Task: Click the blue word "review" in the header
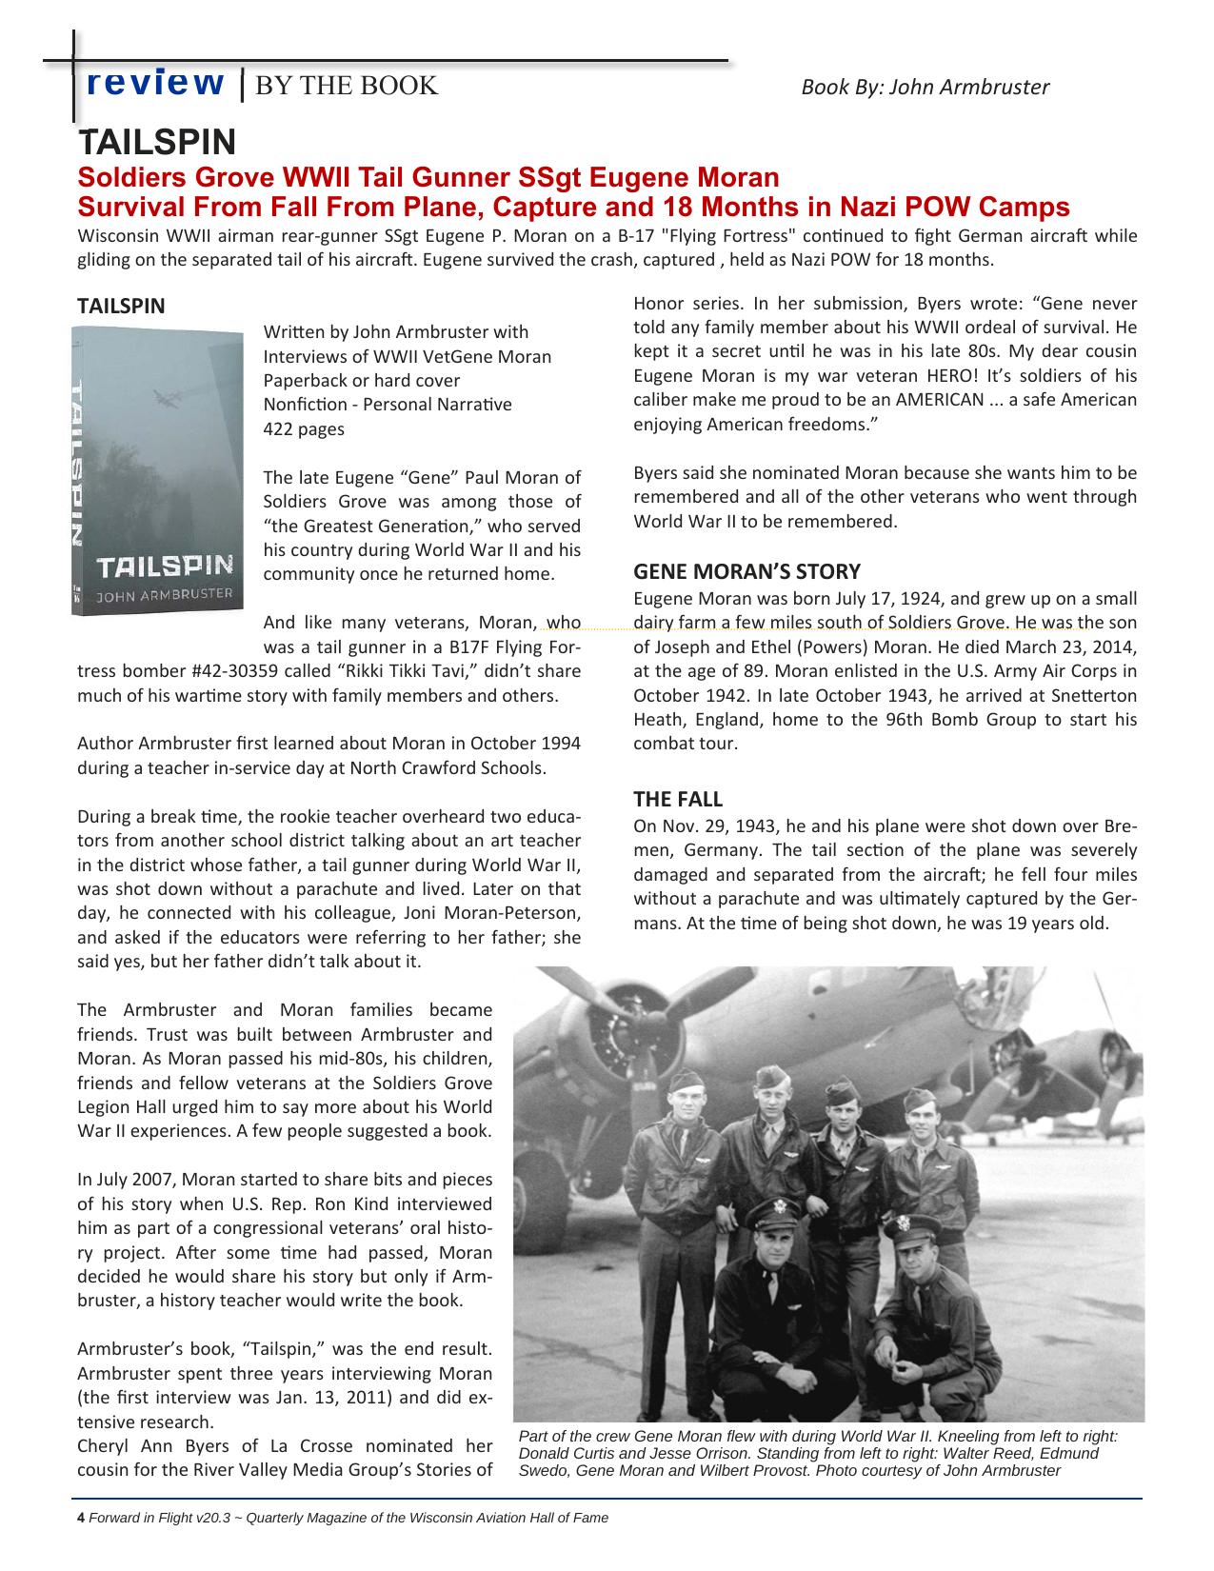tap(155, 84)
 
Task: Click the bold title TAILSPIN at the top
tap(157, 143)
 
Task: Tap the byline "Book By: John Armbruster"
tap(925, 88)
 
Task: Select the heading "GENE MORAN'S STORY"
tap(746, 571)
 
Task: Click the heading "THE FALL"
tap(678, 799)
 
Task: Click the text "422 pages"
tap(304, 428)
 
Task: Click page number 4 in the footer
tap(81, 1518)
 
